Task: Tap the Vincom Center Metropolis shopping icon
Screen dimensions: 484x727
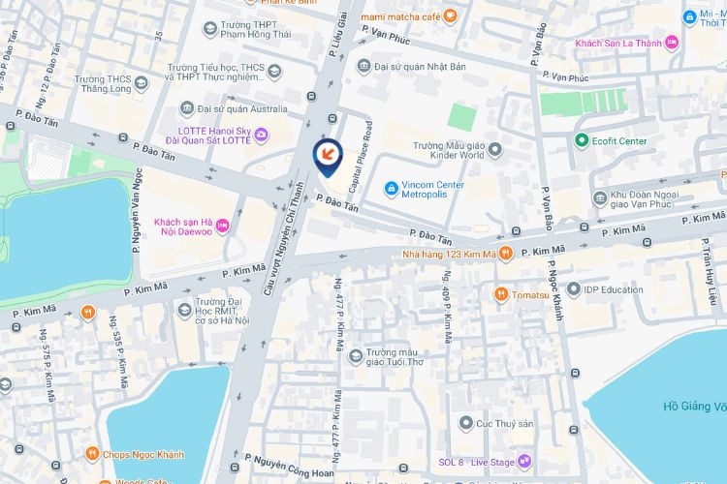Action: click(391, 186)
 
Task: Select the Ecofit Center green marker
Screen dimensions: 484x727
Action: click(582, 141)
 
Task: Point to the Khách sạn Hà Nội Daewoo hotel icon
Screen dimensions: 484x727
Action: click(223, 226)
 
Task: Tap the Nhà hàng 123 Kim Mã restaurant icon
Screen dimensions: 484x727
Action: click(505, 255)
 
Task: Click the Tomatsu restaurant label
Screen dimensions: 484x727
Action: click(531, 294)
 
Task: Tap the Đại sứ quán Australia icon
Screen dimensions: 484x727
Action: click(187, 108)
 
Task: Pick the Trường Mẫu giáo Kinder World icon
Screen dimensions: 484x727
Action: click(494, 149)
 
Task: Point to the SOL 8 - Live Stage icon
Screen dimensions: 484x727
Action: click(524, 461)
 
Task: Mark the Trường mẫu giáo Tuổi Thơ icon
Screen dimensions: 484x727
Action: click(356, 354)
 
